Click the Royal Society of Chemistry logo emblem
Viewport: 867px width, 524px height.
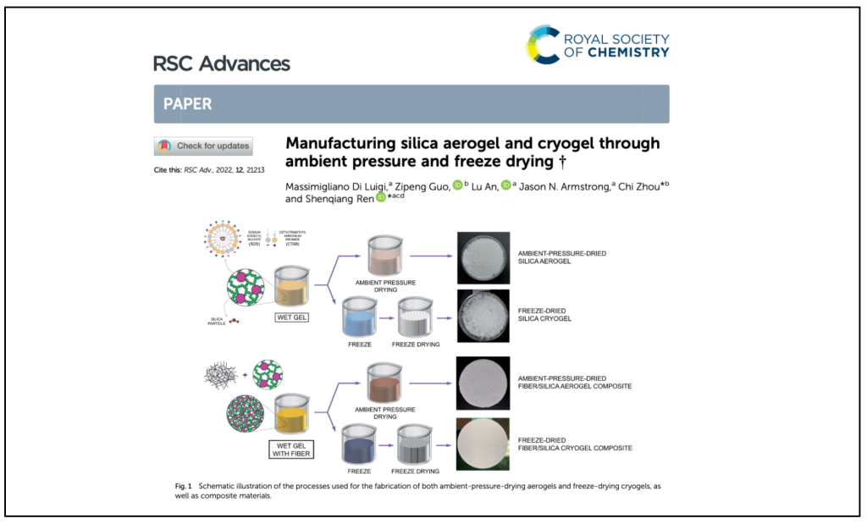coord(544,44)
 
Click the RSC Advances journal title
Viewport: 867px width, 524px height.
coord(221,63)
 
